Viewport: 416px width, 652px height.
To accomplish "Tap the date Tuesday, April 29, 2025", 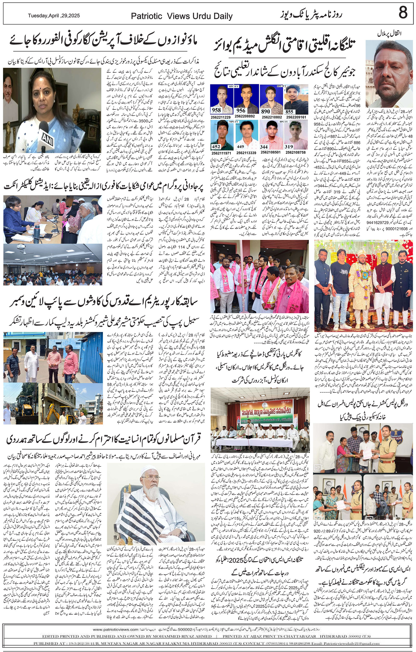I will click(54, 16).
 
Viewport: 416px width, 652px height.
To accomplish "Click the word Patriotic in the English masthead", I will click(146, 17).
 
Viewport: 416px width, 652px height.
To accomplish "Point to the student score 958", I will click(216, 110).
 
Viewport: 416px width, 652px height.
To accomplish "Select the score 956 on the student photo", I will click(240, 110).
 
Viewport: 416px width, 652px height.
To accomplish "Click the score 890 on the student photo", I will click(265, 111).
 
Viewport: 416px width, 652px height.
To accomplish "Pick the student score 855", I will click(289, 112).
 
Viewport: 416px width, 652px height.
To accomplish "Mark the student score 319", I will click(289, 147).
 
